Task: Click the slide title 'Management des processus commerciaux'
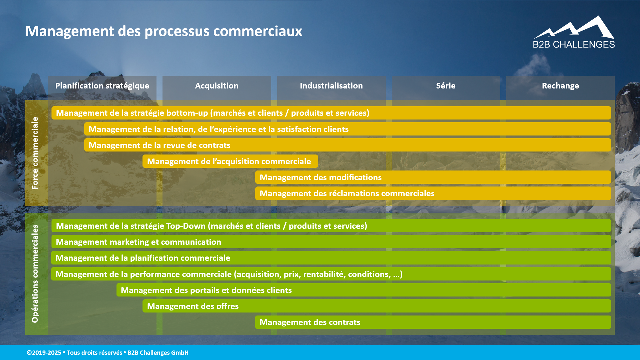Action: [x=164, y=31]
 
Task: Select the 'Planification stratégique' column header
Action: [x=102, y=86]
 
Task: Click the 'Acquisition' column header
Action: [x=217, y=86]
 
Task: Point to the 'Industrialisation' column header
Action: [x=331, y=86]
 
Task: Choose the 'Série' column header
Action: [x=446, y=86]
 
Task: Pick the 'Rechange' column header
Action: [x=560, y=86]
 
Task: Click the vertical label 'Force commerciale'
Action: [x=35, y=153]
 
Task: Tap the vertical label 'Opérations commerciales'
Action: [x=35, y=274]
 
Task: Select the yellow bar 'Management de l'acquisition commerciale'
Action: [x=230, y=161]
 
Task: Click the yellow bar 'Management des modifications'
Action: [x=433, y=177]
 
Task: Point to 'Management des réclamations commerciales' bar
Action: [x=433, y=193]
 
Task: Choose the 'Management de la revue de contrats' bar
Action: [x=347, y=145]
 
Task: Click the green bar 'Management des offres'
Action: [x=376, y=306]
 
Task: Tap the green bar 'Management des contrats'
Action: [x=433, y=322]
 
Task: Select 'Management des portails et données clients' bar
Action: [x=363, y=290]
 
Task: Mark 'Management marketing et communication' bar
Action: [x=331, y=242]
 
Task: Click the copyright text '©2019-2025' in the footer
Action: [x=44, y=353]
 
